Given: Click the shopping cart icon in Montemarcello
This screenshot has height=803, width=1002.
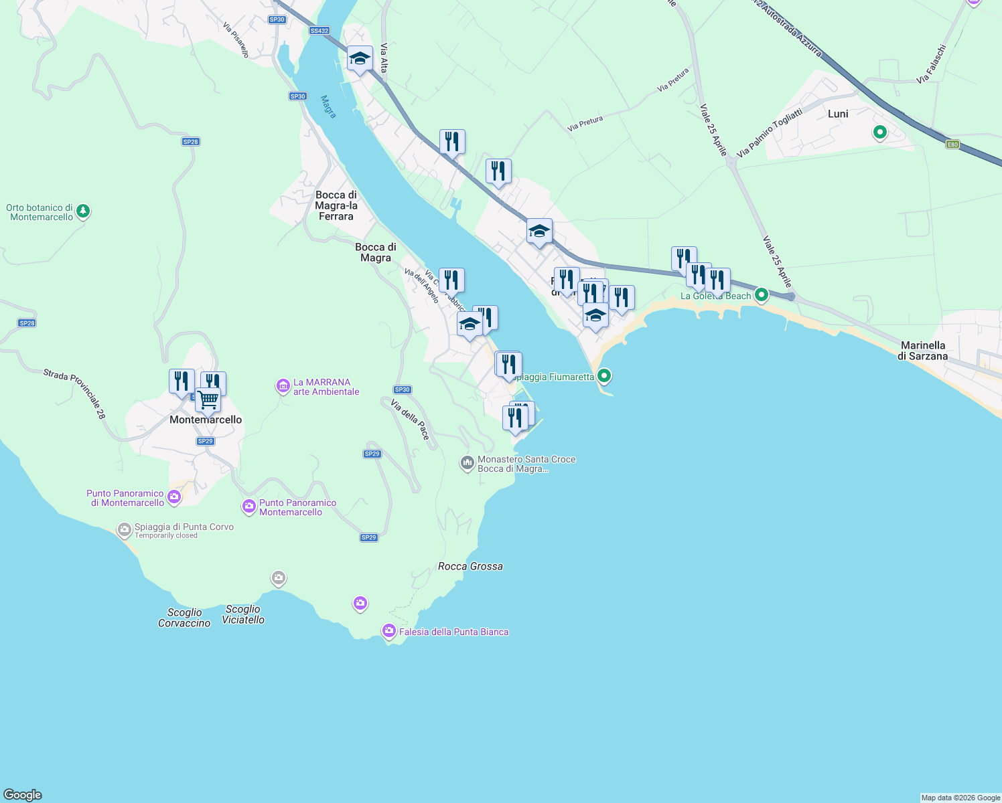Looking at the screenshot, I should tap(208, 400).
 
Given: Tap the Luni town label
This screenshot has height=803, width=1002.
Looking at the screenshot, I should tap(838, 114).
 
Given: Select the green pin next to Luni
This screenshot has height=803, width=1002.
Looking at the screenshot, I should tap(880, 132).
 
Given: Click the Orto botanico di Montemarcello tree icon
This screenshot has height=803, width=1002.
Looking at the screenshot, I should tap(83, 211).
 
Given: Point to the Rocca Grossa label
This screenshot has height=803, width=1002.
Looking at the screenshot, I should tap(470, 566).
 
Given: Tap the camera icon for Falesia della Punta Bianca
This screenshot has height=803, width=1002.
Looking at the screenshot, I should tap(388, 631).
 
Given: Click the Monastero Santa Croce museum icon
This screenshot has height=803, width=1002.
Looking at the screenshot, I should tap(467, 463).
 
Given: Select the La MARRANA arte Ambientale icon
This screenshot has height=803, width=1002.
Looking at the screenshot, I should tap(283, 386).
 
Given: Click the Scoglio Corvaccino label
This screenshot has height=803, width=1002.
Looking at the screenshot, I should tap(184, 618).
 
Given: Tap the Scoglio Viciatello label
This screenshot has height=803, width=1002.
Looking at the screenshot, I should tap(243, 614).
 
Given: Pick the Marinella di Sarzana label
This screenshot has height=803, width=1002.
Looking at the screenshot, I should tap(923, 351).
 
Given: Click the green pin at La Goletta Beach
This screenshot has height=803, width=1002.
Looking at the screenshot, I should tap(761, 294).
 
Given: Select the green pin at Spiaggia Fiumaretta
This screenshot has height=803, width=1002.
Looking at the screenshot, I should tap(604, 376).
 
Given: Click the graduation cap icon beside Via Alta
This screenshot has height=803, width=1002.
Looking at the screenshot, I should tap(360, 60).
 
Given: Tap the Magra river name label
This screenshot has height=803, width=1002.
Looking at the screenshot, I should tap(328, 107).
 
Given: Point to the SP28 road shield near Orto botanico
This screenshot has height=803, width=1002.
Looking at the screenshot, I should tap(191, 142).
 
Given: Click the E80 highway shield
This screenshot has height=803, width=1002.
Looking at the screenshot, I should tap(952, 144).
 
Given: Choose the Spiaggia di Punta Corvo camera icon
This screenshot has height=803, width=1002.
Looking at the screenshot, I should tap(124, 531).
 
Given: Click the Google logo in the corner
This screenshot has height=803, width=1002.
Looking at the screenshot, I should tap(23, 794).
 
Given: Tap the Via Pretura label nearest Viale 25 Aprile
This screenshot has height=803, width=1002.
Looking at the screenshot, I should tap(672, 80).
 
